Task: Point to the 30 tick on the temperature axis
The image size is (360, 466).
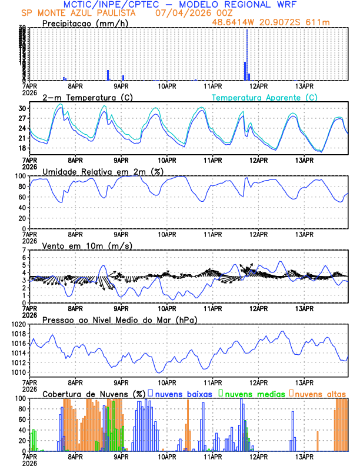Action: pyautogui.click(x=23, y=108)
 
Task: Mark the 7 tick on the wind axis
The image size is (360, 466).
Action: pyautogui.click(x=25, y=250)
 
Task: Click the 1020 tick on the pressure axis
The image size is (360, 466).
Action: pyautogui.click(x=19, y=324)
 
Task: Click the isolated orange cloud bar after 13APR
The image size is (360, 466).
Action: pyautogui.click(x=318, y=441)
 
